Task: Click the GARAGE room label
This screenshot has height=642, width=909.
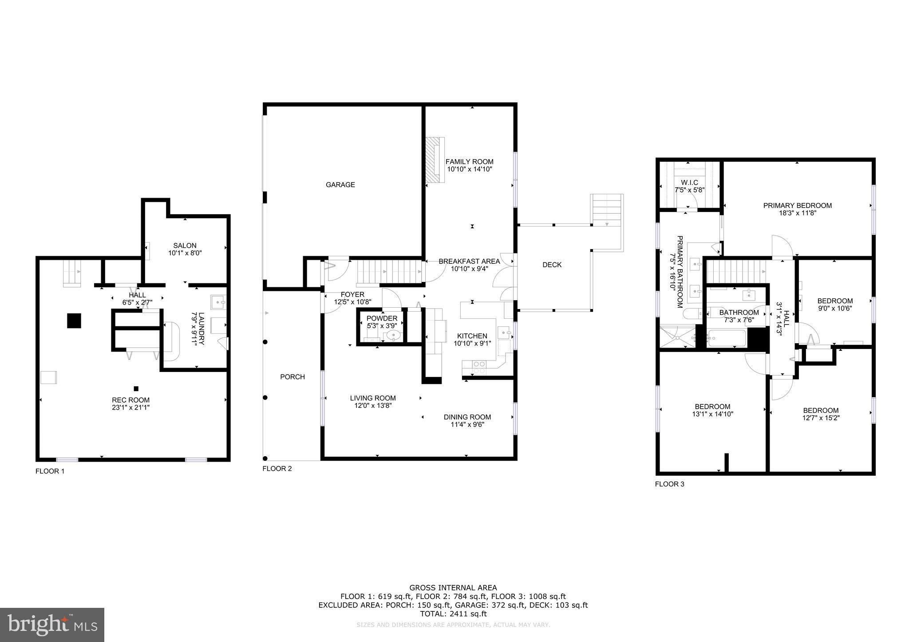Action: tap(340, 185)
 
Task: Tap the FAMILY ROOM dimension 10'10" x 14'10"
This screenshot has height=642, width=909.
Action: tap(470, 169)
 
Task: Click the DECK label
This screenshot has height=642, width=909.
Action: tap(552, 265)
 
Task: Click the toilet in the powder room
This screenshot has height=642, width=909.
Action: tap(393, 336)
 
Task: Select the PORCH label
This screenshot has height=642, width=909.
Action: tap(292, 377)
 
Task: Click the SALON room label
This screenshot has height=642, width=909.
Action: tap(185, 246)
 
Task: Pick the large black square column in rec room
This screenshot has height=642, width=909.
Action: tap(74, 321)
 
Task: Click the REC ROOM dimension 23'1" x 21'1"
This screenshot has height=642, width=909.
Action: tap(130, 407)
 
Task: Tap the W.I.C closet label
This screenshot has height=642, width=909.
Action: tap(689, 183)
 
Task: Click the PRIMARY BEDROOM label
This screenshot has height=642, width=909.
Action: tap(797, 205)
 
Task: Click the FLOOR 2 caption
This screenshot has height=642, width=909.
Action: tap(277, 469)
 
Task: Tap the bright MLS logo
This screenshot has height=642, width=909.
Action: tap(52, 625)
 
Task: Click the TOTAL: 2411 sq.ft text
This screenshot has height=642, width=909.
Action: tap(453, 614)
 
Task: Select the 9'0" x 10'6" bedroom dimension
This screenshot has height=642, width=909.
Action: tap(835, 309)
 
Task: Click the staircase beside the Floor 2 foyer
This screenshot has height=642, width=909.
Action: tap(389, 271)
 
